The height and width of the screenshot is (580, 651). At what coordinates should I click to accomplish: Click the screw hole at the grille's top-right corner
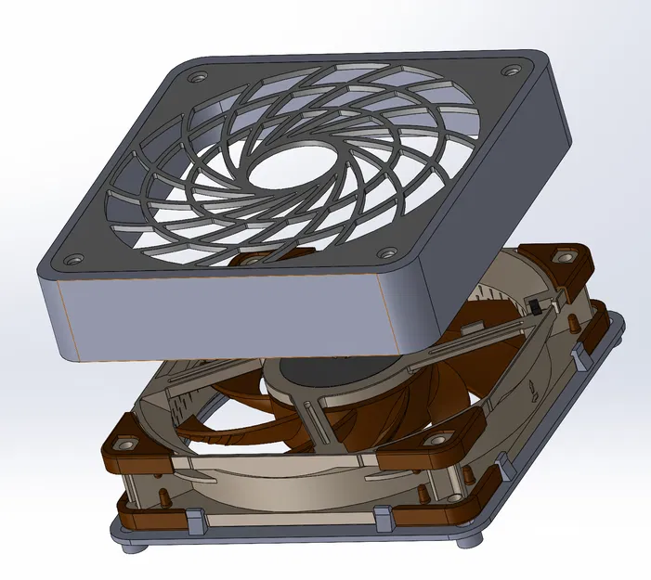pyautogui.click(x=511, y=71)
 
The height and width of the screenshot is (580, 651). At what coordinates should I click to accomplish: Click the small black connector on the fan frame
pyautogui.click(x=536, y=308)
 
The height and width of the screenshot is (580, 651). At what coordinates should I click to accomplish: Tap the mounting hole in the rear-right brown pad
pyautogui.click(x=562, y=256)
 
